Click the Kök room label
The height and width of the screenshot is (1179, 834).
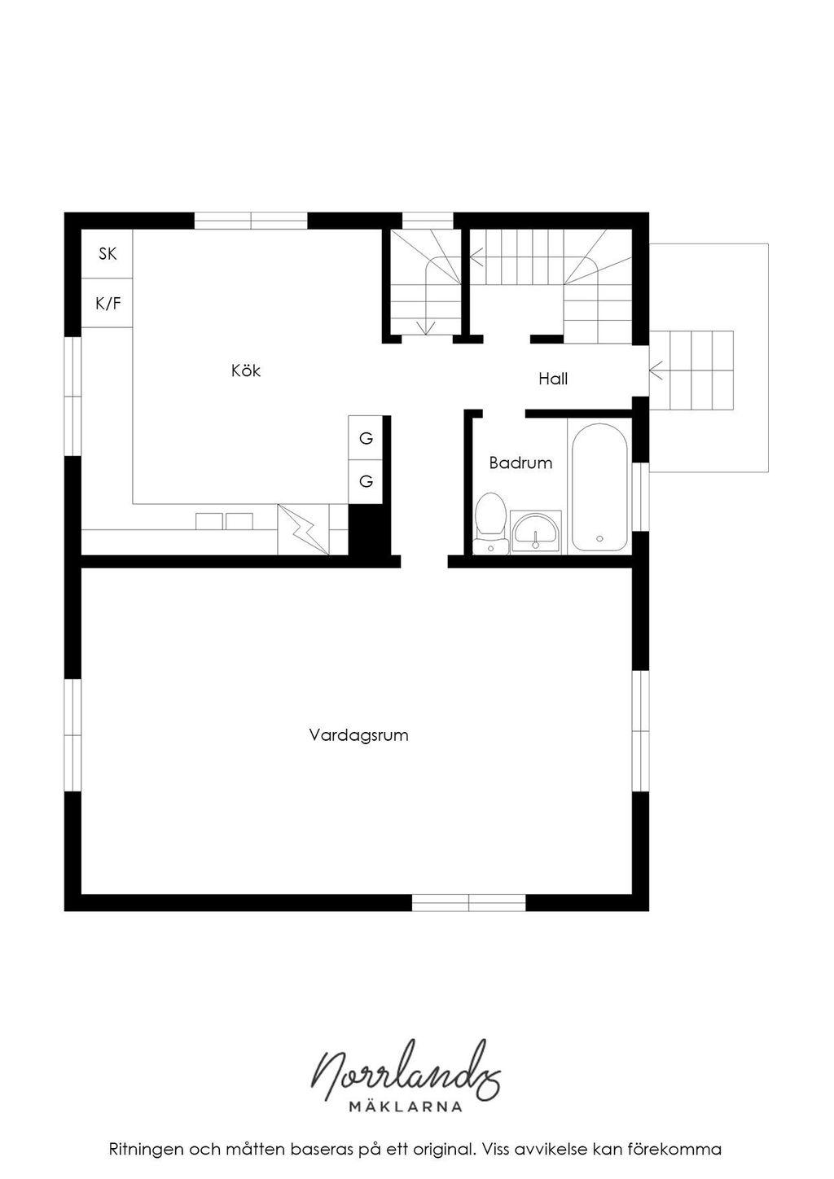coord(246,370)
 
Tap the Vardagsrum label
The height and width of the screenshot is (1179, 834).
coord(358,734)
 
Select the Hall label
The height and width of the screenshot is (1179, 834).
coord(553,379)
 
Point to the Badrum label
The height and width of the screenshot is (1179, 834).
coord(520,462)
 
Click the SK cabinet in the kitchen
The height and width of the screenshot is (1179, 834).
coord(107,254)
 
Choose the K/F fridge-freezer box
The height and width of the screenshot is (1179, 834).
coord(107,303)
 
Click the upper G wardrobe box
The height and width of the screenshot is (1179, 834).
coord(366,438)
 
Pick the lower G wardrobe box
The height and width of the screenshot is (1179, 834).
coord(366,481)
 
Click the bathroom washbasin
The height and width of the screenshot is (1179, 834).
coord(536,533)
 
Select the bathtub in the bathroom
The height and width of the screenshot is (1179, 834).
coord(599,486)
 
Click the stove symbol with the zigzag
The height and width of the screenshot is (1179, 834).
coord(303,529)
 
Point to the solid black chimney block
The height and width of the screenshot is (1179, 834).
coord(369,529)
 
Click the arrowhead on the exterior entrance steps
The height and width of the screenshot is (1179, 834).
coord(656,370)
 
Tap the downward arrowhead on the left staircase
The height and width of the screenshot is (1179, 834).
coord(426,328)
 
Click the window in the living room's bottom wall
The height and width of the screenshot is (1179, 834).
coord(468,903)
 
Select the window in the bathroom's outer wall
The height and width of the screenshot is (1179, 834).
coord(640,497)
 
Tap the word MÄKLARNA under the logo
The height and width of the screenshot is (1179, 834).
coord(406,1107)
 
